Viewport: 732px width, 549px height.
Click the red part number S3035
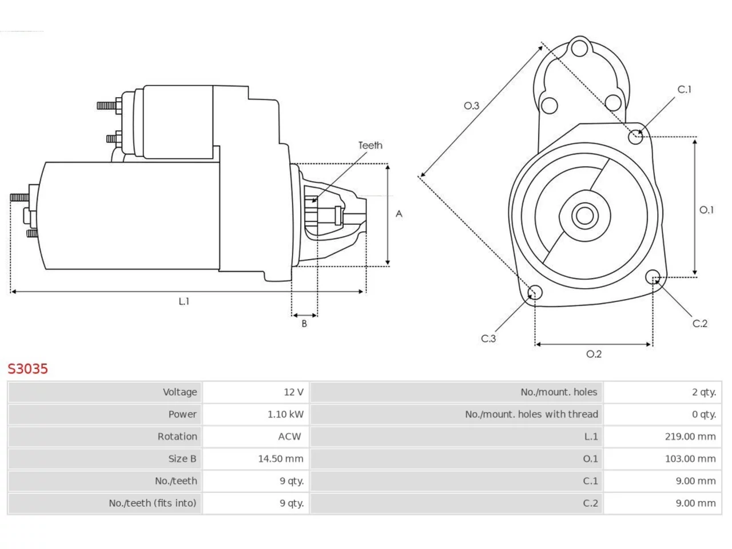[x=27, y=369]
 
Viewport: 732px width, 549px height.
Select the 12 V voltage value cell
[x=293, y=392]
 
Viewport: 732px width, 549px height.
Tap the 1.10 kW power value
[x=285, y=415]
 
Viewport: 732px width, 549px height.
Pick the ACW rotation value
[x=289, y=436]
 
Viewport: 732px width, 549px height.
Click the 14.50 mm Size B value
[x=281, y=459]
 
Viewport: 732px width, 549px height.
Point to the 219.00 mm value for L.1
[x=690, y=436]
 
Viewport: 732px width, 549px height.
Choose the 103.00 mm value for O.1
[x=690, y=459]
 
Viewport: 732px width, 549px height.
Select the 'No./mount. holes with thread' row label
[x=531, y=415]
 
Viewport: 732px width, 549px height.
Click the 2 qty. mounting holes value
[x=703, y=392]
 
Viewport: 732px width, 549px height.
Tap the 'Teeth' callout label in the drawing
[x=370, y=145]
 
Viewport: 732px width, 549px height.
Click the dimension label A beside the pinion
[x=399, y=214]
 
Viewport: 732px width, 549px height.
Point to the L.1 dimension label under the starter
[x=184, y=301]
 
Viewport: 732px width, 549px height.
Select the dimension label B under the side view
[x=304, y=323]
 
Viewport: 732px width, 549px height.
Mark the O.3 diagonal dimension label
[x=471, y=106]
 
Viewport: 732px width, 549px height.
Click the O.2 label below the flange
[x=594, y=353]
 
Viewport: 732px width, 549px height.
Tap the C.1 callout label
[x=685, y=89]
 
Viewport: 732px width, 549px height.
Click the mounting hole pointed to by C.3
[x=535, y=292]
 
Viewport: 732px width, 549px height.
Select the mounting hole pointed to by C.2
[x=653, y=277]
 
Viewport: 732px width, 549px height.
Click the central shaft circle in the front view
[x=584, y=216]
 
